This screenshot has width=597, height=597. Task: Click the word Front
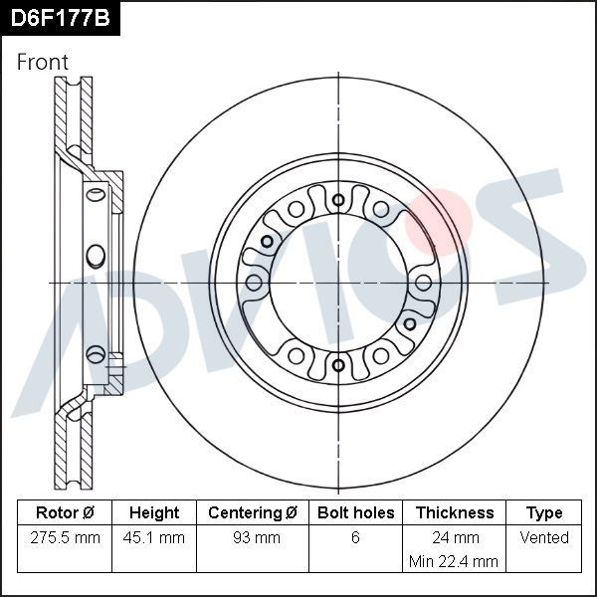[43, 62]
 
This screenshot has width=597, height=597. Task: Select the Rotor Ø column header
[65, 513]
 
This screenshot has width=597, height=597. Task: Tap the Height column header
[154, 513]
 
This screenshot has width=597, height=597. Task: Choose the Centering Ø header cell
[253, 513]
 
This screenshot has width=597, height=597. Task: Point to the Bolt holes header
[355, 513]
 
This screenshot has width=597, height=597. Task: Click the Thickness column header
[454, 513]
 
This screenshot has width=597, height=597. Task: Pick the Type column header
[544, 513]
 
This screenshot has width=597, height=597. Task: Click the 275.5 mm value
[65, 537]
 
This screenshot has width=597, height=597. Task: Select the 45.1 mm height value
[154, 537]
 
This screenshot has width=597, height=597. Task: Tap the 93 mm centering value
[253, 537]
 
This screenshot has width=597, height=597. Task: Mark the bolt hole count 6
[355, 537]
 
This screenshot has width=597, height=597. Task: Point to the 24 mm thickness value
[454, 537]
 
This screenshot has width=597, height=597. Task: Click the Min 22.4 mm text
[454, 561]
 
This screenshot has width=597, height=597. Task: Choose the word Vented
[544, 537]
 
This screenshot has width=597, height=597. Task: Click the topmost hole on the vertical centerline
[338, 200]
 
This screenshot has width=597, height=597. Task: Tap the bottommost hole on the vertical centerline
[338, 366]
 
